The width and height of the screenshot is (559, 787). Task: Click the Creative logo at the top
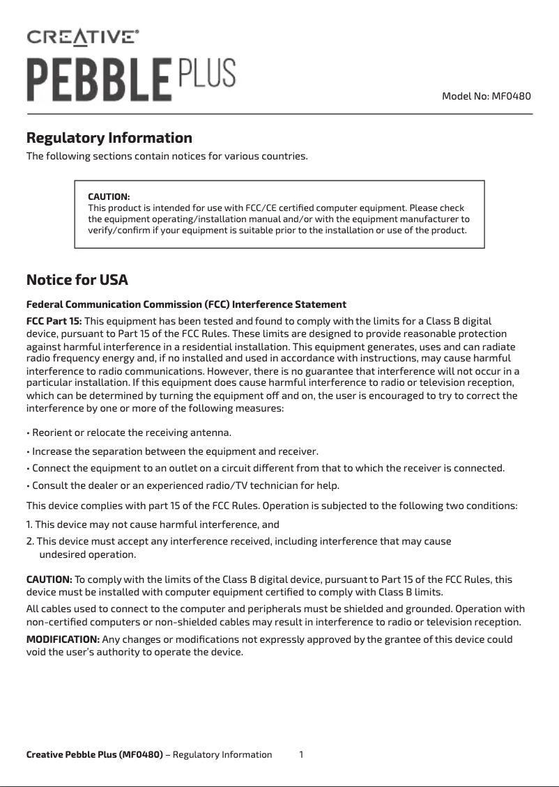82,36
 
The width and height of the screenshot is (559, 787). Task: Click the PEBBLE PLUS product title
131,79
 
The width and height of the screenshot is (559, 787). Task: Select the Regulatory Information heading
109,137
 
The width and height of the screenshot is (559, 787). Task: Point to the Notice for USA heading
77,280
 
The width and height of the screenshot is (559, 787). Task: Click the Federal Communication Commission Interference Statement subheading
186,304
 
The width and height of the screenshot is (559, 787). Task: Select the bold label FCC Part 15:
54,320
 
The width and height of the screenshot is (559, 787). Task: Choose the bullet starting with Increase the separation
172,451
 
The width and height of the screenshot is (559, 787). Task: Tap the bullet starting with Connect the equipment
265,467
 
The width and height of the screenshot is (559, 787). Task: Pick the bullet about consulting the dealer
183,485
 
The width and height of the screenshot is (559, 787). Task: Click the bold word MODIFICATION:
63,639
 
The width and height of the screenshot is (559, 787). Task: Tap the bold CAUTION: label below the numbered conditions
49,579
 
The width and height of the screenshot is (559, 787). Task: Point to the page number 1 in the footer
301,754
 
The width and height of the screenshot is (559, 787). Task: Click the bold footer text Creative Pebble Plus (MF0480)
94,754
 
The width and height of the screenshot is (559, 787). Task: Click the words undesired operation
87,555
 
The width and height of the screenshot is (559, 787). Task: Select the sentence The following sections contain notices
167,155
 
